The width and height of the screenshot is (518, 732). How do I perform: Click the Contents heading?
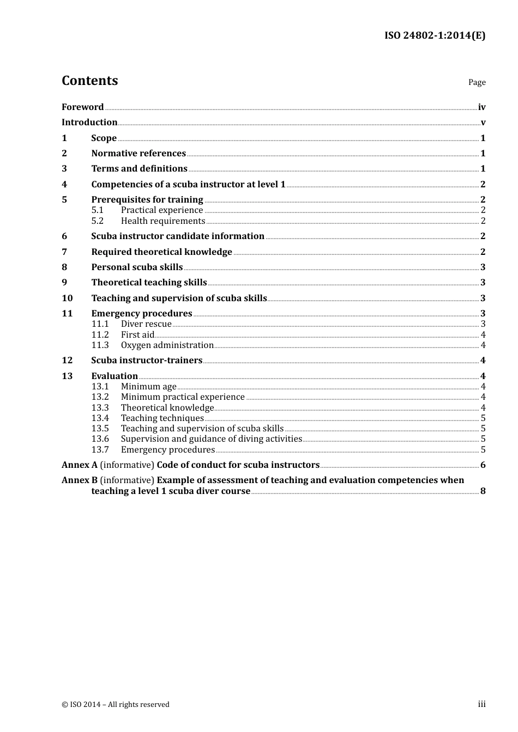tap(90, 81)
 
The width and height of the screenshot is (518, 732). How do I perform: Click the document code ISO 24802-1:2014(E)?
tap(435, 35)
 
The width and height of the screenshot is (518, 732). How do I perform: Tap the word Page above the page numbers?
tap(477, 82)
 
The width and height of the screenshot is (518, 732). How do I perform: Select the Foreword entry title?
tap(82, 107)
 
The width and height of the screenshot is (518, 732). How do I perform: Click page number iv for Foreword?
tap(481, 107)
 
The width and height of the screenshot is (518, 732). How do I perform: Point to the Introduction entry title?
tap(89, 123)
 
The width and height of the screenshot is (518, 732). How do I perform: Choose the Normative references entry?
tap(138, 154)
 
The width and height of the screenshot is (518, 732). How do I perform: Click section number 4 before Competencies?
tap(64, 185)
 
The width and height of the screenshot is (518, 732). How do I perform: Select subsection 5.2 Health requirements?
tap(162, 221)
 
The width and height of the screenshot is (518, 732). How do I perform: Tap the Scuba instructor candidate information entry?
tap(178, 236)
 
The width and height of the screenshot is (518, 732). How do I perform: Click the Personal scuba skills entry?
tap(137, 267)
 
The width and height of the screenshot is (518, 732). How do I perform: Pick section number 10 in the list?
tap(67, 298)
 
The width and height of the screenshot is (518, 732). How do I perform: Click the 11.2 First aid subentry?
tap(137, 335)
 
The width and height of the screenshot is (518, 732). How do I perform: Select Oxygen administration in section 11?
tap(167, 345)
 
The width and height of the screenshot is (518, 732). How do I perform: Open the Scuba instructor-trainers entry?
tap(147, 361)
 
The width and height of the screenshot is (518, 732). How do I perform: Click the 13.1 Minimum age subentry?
tap(148, 387)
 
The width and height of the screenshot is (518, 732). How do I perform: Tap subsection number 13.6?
tap(100, 439)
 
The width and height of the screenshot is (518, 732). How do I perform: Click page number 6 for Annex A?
tap(483, 465)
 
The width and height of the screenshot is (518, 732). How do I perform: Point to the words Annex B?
tap(80, 480)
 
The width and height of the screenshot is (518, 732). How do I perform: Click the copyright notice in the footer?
tap(116, 705)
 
